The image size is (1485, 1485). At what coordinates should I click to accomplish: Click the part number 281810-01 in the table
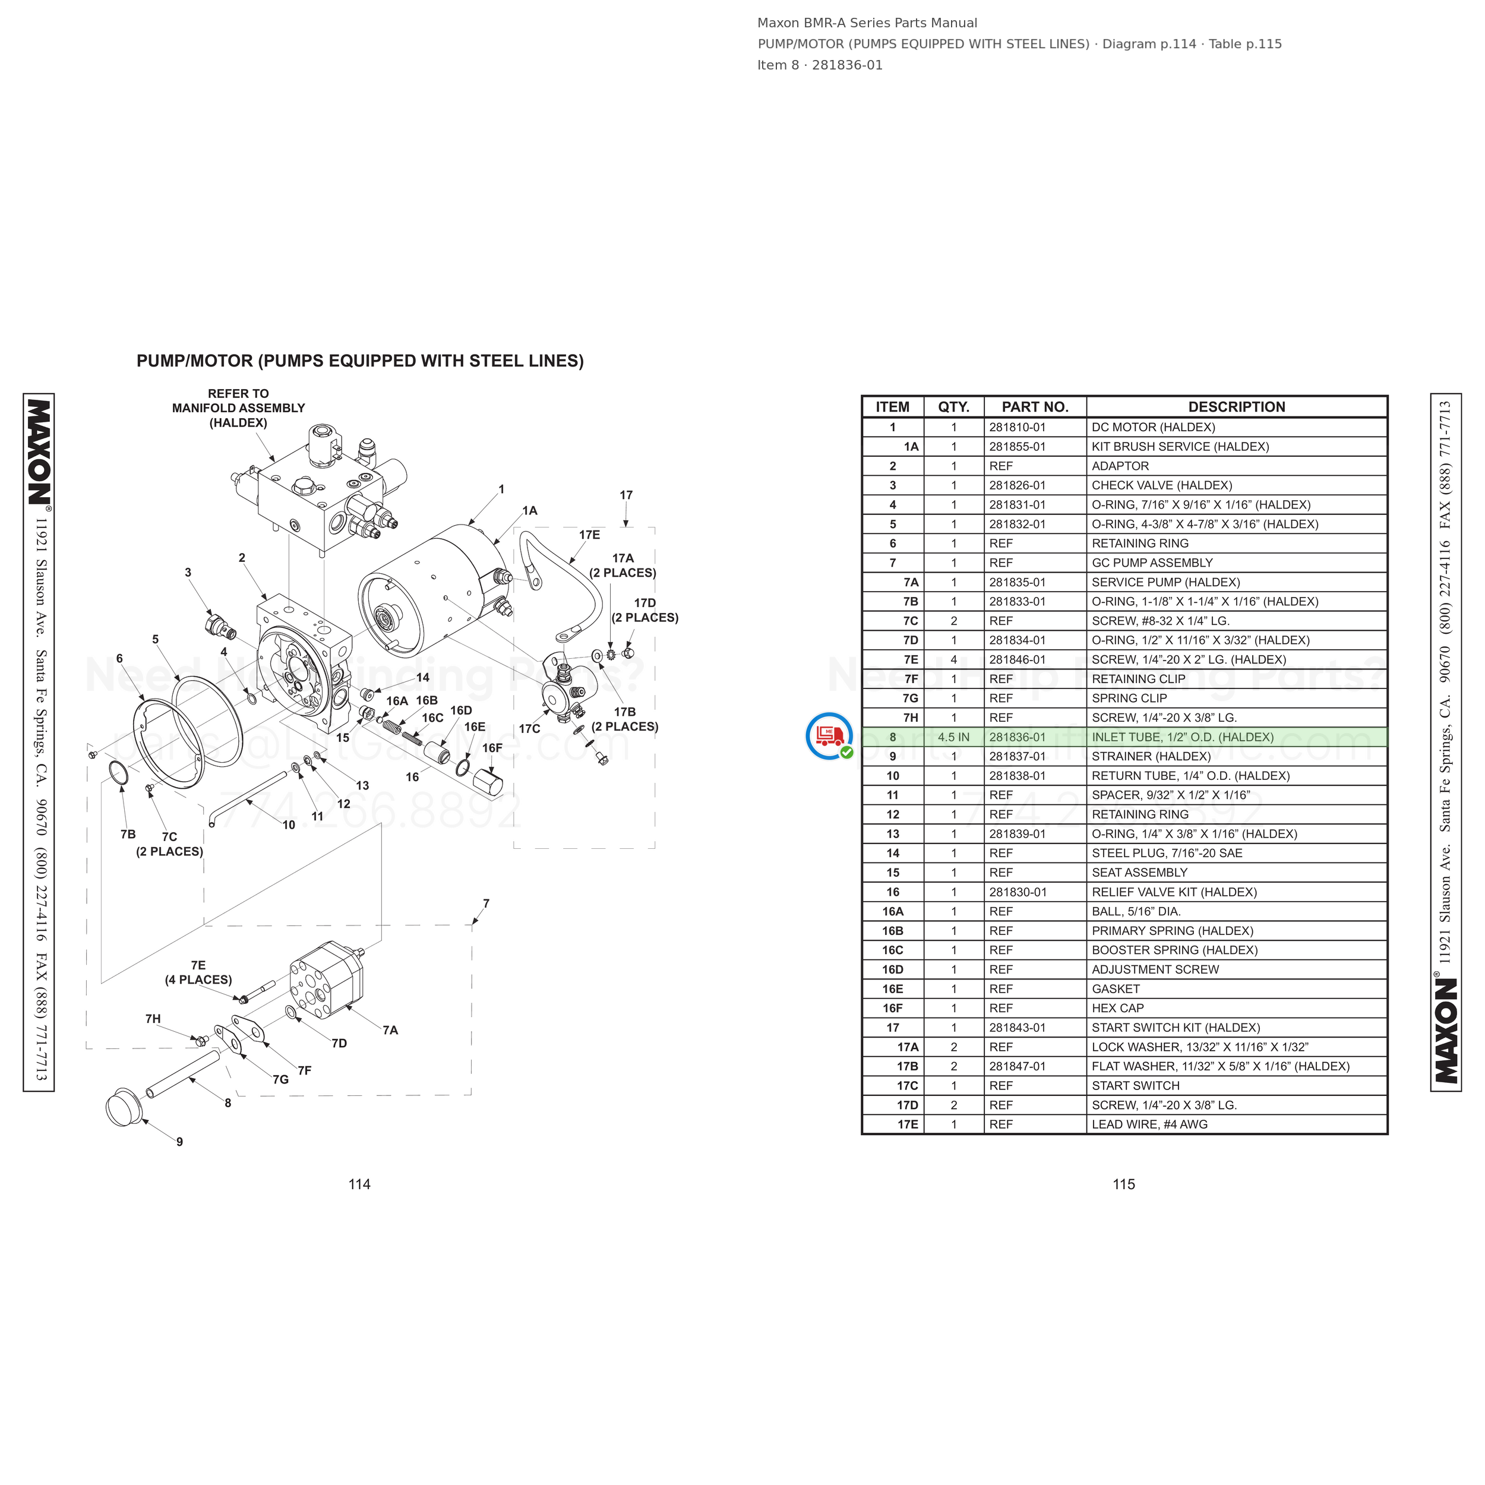[1017, 427]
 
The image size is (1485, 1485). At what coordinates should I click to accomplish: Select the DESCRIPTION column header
[1236, 407]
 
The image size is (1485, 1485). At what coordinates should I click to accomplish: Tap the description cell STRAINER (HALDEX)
[1151, 756]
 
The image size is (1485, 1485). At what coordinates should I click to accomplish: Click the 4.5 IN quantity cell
[953, 737]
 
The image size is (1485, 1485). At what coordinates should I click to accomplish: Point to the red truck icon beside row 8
[829, 735]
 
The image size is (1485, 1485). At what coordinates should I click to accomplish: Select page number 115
[1124, 1184]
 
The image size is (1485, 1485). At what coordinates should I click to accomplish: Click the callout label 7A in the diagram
[390, 1030]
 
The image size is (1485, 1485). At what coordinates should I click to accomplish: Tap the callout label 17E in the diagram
[589, 535]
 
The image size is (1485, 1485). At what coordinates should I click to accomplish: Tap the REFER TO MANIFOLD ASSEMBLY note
[238, 408]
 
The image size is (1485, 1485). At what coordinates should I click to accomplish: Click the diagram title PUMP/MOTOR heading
[360, 361]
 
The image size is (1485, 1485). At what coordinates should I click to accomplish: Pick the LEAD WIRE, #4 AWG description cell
[1149, 1124]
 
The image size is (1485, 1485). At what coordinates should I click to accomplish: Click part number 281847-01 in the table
[1017, 1066]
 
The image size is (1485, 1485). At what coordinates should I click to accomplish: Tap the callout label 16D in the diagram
[461, 710]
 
